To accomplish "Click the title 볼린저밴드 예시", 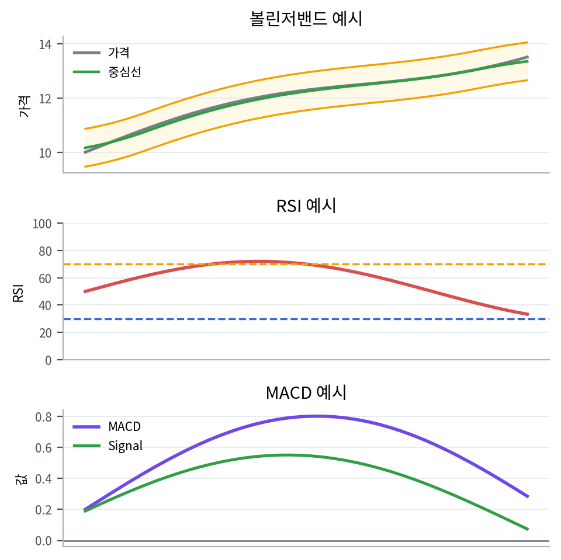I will pyautogui.click(x=306, y=19).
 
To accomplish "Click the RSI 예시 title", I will pyautogui.click(x=306, y=206).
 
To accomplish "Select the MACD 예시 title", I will pyautogui.click(x=306, y=392).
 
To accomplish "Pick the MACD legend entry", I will pyautogui.click(x=124, y=426).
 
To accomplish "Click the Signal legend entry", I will pyautogui.click(x=125, y=446).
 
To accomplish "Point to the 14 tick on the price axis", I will pyautogui.click(x=46, y=44).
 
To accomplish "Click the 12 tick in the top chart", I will pyautogui.click(x=46, y=98).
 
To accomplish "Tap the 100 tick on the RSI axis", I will pyautogui.click(x=43, y=224).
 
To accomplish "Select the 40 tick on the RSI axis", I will pyautogui.click(x=46, y=305).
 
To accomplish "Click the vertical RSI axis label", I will pyautogui.click(x=18, y=292).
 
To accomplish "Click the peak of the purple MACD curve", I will pyautogui.click(x=316, y=416).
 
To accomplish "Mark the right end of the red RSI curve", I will pyautogui.click(x=528, y=314).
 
